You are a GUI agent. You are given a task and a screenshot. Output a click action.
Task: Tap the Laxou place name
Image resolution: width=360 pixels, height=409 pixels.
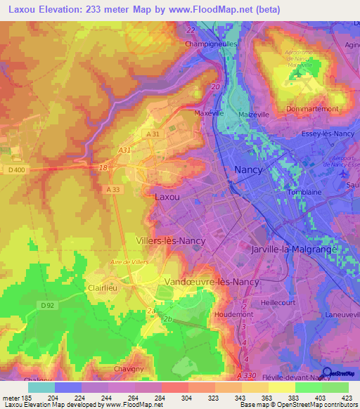[x=167, y=197]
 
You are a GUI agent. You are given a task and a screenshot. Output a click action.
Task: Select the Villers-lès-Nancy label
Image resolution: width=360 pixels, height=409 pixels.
[x=171, y=240]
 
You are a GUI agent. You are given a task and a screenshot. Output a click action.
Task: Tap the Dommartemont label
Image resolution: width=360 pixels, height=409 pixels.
[x=312, y=109]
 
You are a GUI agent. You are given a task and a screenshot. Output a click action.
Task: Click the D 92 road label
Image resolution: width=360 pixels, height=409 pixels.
[x=47, y=305]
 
